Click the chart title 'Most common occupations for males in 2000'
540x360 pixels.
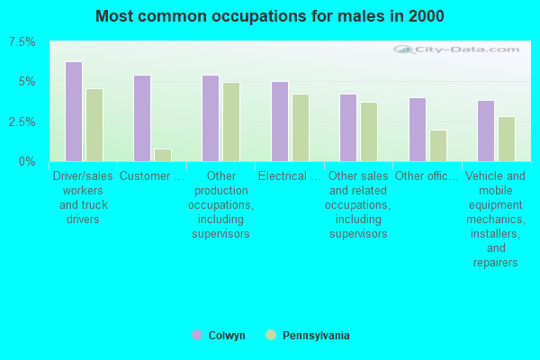click(269, 16)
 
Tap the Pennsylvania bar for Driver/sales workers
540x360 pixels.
click(94, 125)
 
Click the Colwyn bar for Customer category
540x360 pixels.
click(142, 118)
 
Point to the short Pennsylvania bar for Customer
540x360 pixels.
click(163, 155)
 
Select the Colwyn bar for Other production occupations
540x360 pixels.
click(211, 118)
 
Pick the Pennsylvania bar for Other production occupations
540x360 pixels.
click(231, 121)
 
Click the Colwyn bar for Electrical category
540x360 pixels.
click(280, 121)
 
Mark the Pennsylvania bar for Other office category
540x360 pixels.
click(437, 146)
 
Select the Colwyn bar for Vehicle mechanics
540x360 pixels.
click(486, 130)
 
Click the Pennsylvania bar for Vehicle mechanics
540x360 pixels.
click(507, 139)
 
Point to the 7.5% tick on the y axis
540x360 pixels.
click(22, 42)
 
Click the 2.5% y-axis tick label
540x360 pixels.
click(22, 121)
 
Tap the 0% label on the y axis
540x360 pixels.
click(28, 161)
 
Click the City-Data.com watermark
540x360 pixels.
click(446, 51)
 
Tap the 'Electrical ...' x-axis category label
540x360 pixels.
click(290, 176)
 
